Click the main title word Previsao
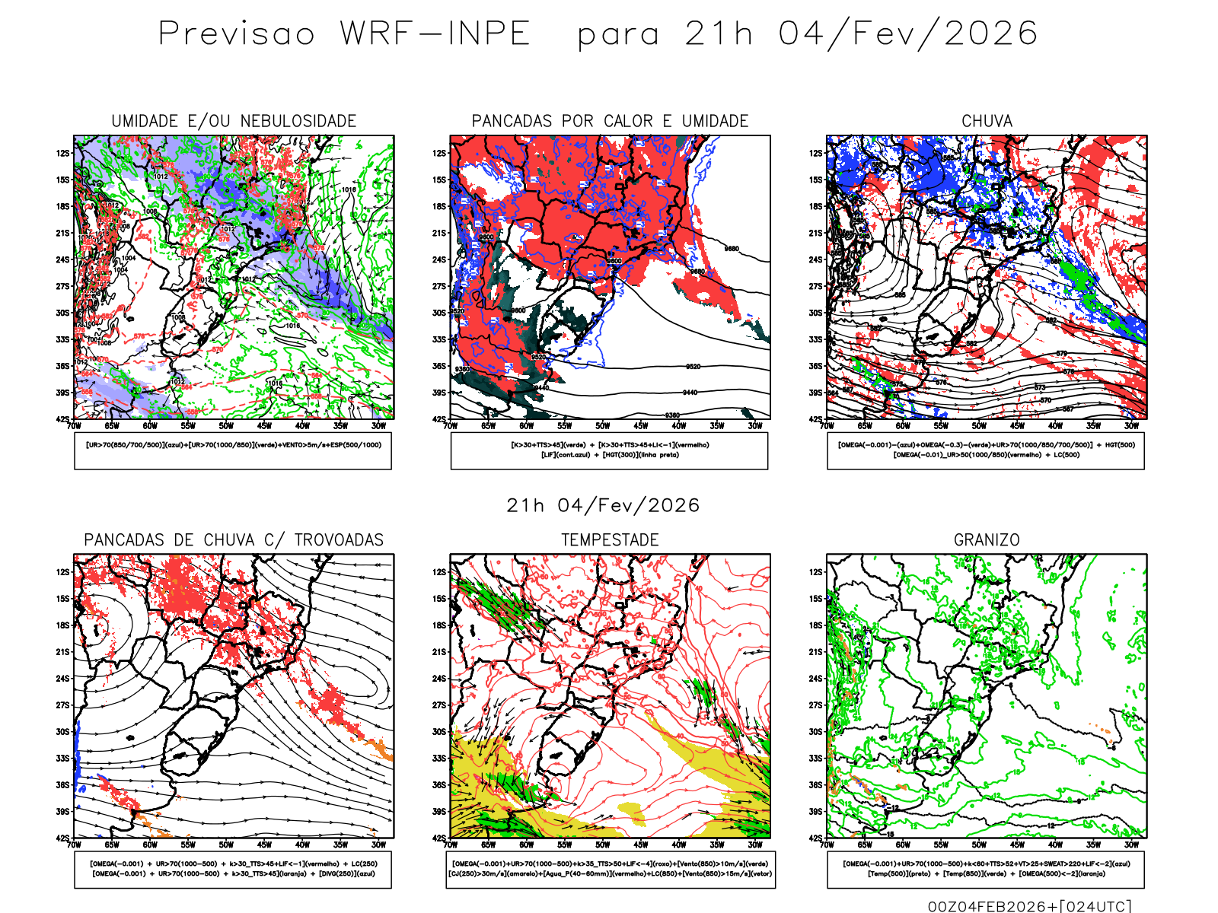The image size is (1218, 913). pos(237,34)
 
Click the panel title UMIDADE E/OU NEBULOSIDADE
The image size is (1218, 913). pos(234,121)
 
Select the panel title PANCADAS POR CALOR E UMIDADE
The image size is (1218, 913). pos(610,121)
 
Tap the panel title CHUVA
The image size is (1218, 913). pos(987,121)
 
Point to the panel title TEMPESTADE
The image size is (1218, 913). pos(610,540)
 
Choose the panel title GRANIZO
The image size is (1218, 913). pos(987,540)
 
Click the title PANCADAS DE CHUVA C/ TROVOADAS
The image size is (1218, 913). pos(234,540)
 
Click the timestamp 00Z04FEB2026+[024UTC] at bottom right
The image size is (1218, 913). pos(1029,905)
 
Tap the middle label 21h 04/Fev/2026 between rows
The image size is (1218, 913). pos(603,505)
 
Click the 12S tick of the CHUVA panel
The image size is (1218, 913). pos(816,153)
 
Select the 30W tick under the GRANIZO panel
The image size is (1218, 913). pos(1131,845)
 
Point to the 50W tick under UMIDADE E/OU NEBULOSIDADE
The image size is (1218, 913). pos(226,426)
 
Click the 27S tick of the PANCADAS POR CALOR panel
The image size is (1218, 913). pos(440,286)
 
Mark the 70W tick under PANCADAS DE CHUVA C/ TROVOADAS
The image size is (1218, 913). pos(74,845)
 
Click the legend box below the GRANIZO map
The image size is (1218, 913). pos(986,869)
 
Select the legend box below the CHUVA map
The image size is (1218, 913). pos(986,450)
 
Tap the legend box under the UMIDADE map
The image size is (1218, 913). pos(233,450)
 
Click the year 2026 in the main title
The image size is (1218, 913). pos(990,34)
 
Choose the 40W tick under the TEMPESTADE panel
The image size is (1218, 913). pos(679,845)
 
